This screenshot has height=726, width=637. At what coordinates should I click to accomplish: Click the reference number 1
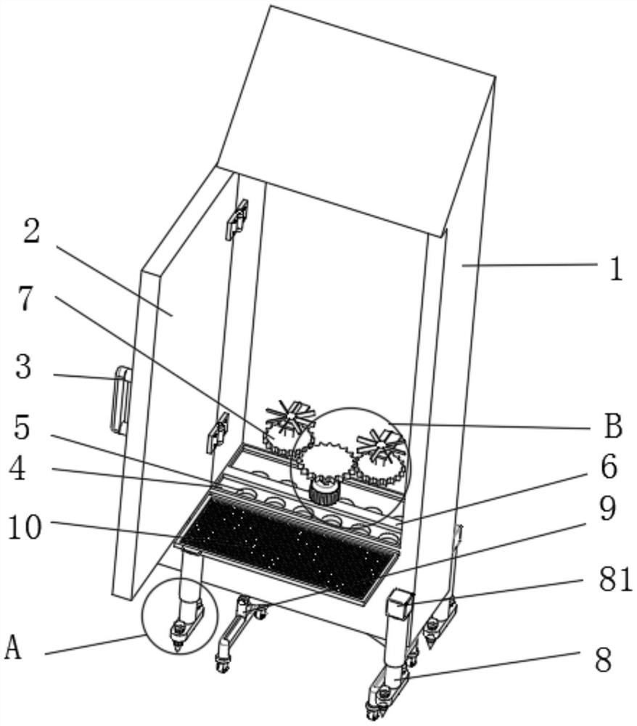(615, 269)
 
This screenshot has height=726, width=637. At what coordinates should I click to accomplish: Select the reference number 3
(24, 368)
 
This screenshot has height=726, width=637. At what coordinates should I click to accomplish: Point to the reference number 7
(27, 298)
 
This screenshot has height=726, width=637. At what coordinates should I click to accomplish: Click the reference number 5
(22, 428)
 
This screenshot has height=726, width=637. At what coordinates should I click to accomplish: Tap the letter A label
(13, 647)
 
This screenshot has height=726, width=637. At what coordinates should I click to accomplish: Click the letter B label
(613, 427)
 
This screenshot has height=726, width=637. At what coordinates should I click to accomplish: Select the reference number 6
(608, 468)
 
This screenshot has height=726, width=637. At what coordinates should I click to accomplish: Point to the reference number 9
(608, 509)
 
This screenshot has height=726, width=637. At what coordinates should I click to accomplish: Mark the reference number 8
(602, 661)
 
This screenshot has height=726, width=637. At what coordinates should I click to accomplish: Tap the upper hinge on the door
(239, 219)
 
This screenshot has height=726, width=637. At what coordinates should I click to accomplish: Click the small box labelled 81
(398, 604)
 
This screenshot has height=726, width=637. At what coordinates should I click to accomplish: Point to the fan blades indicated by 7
(289, 416)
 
